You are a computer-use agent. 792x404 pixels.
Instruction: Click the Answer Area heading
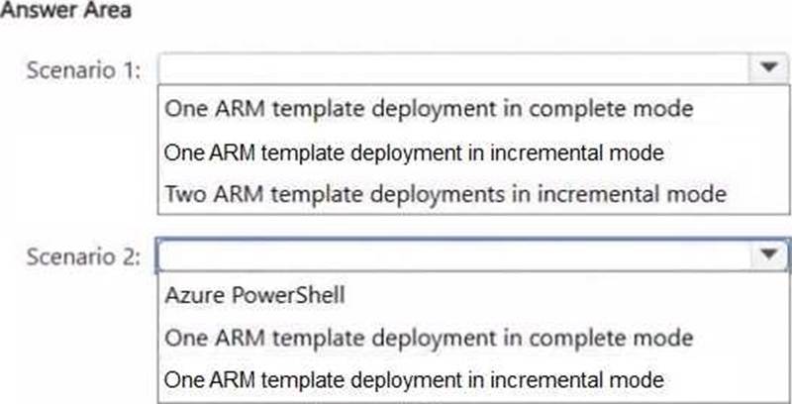[x=65, y=10]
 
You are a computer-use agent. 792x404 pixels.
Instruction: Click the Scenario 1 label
[x=83, y=70]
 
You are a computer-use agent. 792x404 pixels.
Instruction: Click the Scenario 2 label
[x=83, y=256]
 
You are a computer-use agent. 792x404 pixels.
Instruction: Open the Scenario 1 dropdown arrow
[x=768, y=67]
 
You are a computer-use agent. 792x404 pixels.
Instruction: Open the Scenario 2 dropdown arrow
[x=768, y=254]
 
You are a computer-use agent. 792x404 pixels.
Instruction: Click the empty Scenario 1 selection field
[x=453, y=68]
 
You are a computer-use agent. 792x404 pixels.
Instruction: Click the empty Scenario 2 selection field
[x=453, y=255]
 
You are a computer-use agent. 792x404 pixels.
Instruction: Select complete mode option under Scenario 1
[x=429, y=109]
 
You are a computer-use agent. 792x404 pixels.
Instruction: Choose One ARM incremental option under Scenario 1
[x=414, y=152]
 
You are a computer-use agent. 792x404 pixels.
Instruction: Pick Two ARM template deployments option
[x=445, y=194]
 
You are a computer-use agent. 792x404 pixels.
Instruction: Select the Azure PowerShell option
[x=254, y=295]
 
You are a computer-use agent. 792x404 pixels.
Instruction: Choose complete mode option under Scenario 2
[x=429, y=338]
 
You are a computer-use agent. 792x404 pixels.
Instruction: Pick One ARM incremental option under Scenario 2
[x=414, y=379]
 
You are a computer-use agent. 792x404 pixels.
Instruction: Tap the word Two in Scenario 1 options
[x=185, y=194]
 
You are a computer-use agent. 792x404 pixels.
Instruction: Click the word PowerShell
[x=288, y=295]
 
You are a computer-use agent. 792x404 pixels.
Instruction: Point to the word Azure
[x=195, y=295]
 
